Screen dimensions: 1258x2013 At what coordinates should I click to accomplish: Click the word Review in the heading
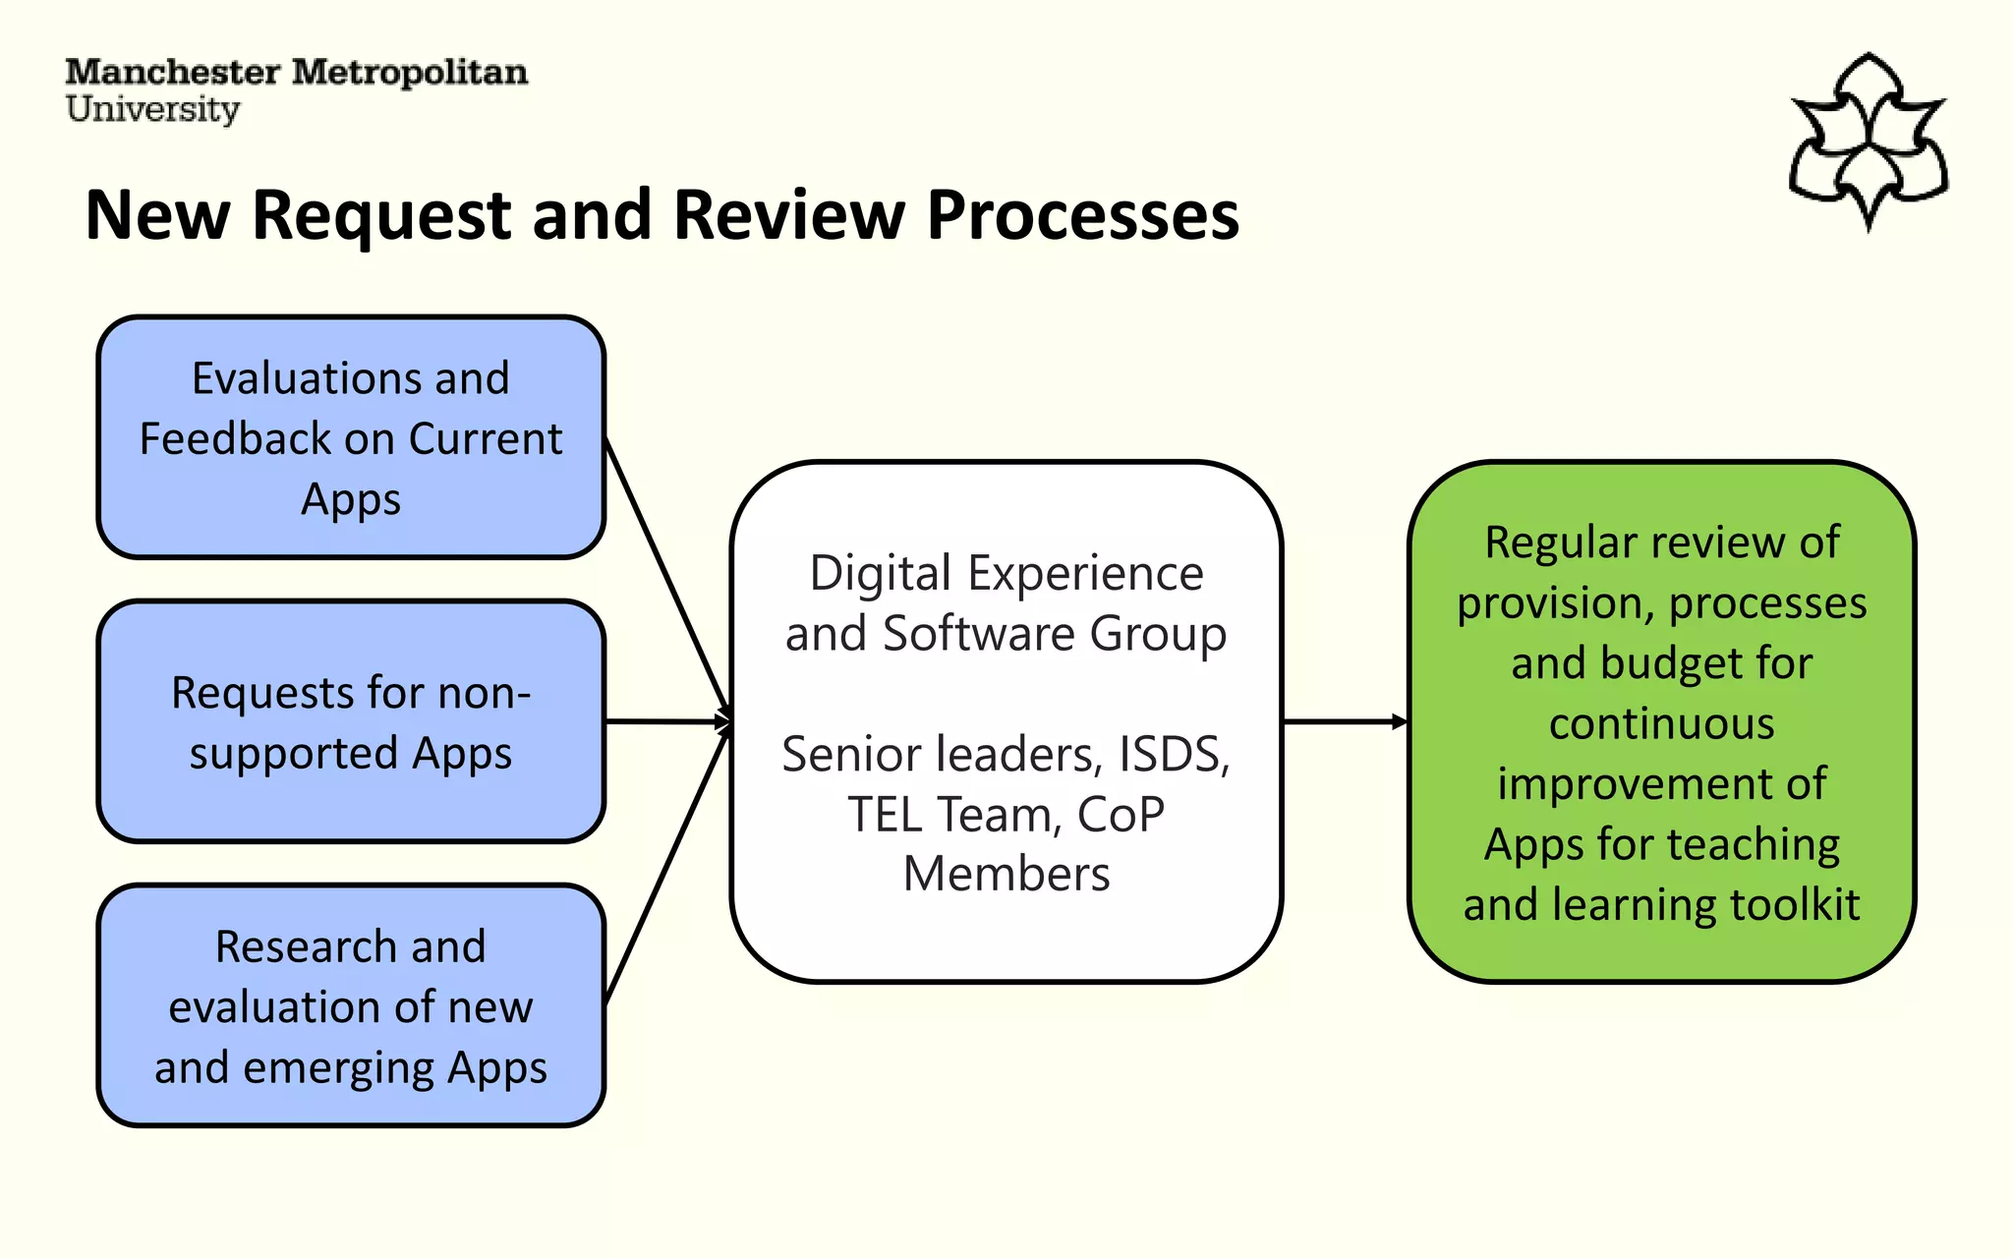(x=788, y=216)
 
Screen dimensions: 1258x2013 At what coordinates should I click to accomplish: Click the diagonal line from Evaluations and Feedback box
(x=665, y=574)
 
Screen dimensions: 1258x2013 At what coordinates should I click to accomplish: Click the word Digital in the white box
(x=880, y=574)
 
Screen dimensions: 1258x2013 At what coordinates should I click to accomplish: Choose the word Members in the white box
(x=1006, y=875)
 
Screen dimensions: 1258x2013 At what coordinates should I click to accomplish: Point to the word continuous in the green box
(x=1661, y=724)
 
